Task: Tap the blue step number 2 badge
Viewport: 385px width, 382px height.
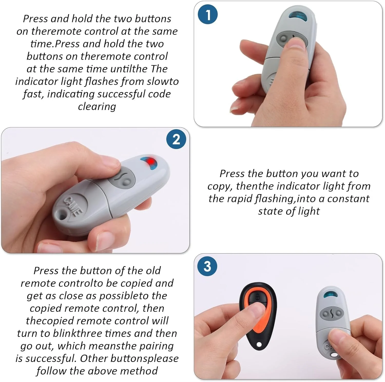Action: tap(176, 139)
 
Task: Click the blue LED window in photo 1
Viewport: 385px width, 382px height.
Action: tap(299, 15)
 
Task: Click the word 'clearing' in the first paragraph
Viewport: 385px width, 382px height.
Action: tap(97, 106)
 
